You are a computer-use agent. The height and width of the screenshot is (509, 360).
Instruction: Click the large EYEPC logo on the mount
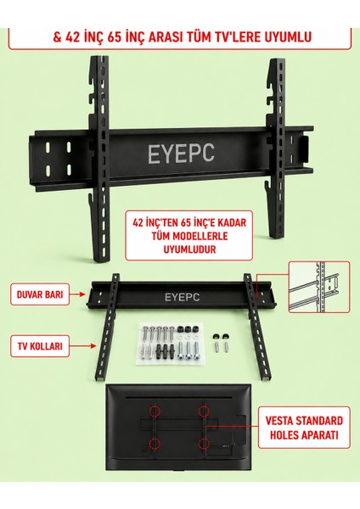[x=181, y=154]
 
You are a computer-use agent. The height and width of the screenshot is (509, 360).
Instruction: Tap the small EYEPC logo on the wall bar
[x=182, y=298]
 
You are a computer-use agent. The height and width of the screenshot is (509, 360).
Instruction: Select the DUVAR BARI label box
[x=40, y=294]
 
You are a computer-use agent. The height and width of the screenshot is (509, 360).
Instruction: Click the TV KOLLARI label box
[x=40, y=346]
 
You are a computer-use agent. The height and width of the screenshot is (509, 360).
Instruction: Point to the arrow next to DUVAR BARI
[x=77, y=294]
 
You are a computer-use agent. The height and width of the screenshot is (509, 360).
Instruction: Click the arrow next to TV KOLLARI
[x=83, y=346]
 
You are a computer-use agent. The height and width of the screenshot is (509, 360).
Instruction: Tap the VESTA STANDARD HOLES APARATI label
[x=304, y=428]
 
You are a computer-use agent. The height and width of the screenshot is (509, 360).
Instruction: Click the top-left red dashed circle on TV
[x=155, y=411]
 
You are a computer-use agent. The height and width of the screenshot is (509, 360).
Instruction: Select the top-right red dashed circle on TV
[x=204, y=411]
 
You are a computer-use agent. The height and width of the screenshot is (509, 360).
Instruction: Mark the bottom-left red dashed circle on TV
[x=155, y=443]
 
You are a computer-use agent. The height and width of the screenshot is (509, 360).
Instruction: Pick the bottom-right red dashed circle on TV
[x=204, y=443]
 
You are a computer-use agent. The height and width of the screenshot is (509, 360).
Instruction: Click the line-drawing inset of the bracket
[x=319, y=287]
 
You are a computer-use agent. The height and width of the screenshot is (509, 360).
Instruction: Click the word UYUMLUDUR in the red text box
[x=189, y=249]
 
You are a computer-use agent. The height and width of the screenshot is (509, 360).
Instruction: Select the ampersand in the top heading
[x=58, y=37]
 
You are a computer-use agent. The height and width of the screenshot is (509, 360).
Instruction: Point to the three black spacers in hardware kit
[x=188, y=329]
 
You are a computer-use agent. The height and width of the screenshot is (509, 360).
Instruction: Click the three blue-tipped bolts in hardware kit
[x=188, y=350]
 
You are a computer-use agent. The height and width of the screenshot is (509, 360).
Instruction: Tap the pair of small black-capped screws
[x=221, y=342]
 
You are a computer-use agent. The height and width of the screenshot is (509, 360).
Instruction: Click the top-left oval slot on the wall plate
[x=48, y=148]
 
